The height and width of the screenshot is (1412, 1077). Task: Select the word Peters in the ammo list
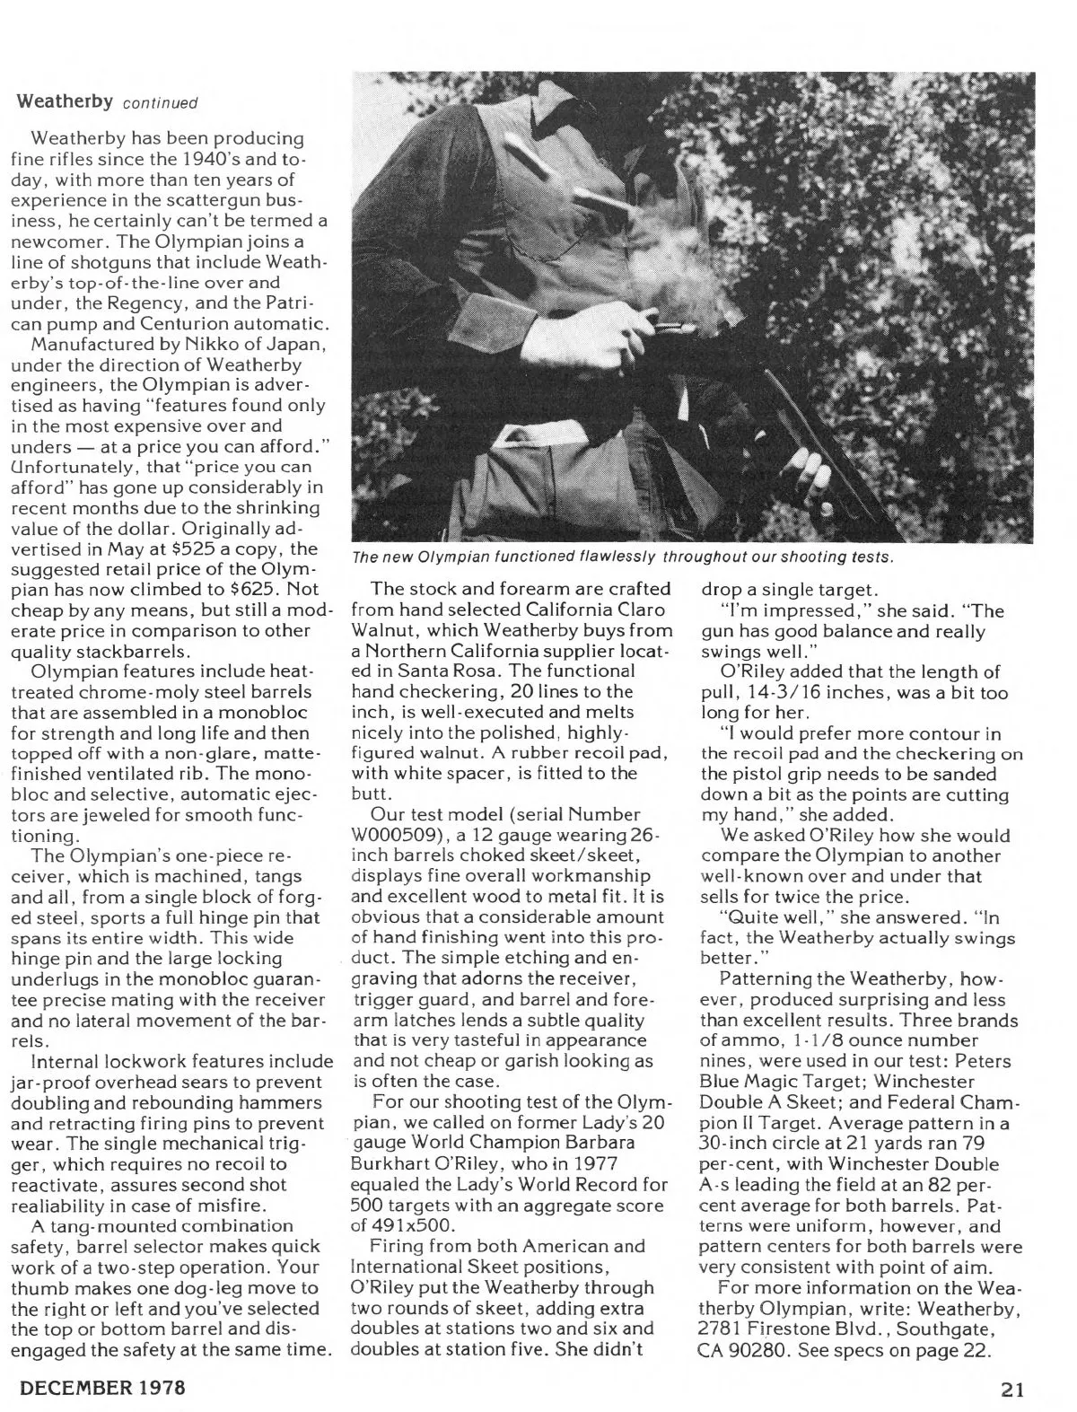point(994,1060)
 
